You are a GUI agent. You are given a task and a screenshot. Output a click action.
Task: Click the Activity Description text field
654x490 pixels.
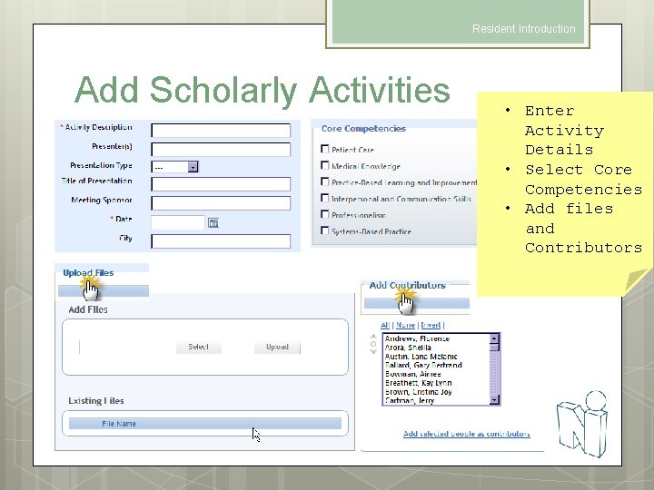click(220, 131)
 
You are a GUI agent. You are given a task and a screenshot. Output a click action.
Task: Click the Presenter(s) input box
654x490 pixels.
click(220, 149)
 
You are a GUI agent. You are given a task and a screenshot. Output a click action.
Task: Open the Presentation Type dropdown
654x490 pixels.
click(193, 167)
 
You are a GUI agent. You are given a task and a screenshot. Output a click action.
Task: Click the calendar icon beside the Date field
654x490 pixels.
click(213, 222)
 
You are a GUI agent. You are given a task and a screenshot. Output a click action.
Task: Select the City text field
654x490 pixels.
click(220, 241)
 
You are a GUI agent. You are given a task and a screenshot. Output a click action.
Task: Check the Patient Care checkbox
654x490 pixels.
click(325, 150)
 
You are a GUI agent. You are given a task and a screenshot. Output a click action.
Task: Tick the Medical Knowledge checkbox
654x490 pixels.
click(325, 166)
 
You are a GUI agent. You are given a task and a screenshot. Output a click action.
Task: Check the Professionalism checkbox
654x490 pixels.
click(325, 215)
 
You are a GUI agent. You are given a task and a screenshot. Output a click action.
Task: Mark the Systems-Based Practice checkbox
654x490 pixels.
click(325, 231)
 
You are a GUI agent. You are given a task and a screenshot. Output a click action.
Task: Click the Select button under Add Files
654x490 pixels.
click(198, 347)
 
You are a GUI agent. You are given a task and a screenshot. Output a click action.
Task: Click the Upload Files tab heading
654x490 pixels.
click(88, 273)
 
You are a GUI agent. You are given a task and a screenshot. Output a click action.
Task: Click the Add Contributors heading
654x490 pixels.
click(407, 286)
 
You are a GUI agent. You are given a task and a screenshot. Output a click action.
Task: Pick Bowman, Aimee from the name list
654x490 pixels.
click(414, 374)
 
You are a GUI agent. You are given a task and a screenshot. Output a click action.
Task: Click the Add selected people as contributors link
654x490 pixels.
click(466, 434)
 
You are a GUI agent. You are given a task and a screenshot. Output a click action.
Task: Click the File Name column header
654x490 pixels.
click(120, 424)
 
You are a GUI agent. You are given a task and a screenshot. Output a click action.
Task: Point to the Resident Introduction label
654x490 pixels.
click(523, 29)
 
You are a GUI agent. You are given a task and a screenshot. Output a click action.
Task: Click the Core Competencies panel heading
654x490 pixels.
click(363, 129)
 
